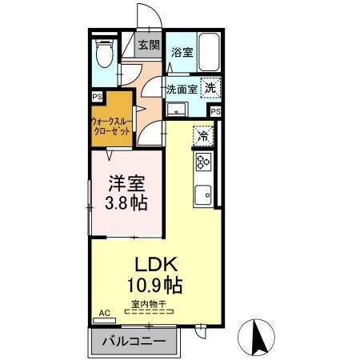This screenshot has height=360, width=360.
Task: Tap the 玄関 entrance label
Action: pos(148,45)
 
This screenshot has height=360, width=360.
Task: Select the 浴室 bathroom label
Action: pos(182,52)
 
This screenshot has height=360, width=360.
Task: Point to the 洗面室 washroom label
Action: pos(182,90)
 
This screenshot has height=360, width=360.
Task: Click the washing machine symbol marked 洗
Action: pos(210,89)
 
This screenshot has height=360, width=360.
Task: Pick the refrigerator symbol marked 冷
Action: pos(203,135)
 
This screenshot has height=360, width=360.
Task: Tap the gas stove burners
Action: pos(202,162)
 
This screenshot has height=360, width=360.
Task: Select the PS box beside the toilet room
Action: pos(97,97)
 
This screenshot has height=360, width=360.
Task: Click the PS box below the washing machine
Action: pos(215,110)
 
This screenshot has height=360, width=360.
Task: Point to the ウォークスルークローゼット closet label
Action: pos(113,129)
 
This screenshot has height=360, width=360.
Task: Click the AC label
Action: pos(102,314)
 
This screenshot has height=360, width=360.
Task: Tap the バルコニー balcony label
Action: pos(134,342)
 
